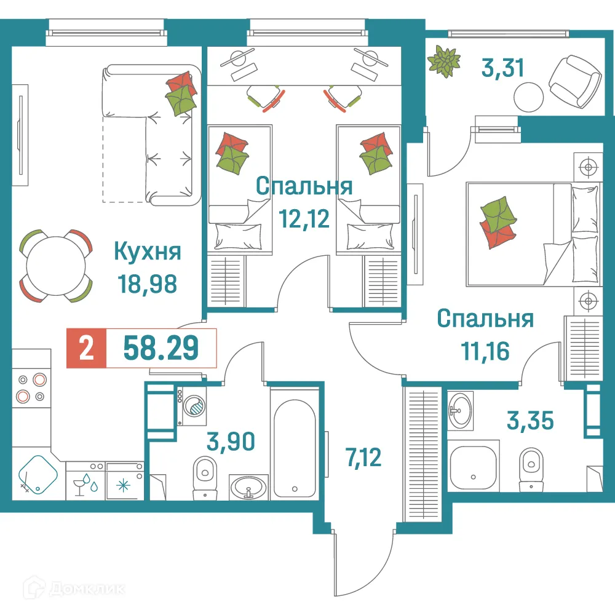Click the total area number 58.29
coord(161,349)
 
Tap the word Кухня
coord(148,252)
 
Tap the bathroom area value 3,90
coord(231,441)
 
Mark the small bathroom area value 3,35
coord(530,421)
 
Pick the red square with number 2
coord(87,349)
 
